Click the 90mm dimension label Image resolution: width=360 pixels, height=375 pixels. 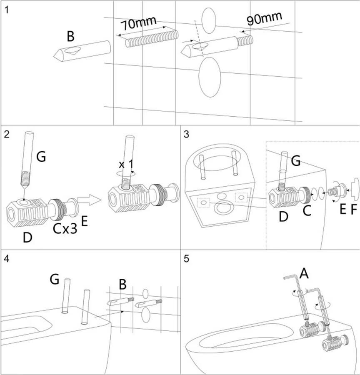pos(264,18)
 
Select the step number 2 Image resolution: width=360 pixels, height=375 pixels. pos(6,134)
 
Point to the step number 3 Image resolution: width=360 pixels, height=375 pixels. pos(186,134)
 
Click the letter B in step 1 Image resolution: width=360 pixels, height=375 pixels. pos(71,37)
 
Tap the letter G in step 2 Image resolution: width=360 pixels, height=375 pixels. pos(41,157)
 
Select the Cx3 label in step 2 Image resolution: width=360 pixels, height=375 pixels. pos(65,229)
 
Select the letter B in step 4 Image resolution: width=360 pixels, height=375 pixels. pos(122,285)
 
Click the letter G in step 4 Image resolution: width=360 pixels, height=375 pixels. pos(55,279)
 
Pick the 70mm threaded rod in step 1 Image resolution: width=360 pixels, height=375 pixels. pos(152,37)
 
